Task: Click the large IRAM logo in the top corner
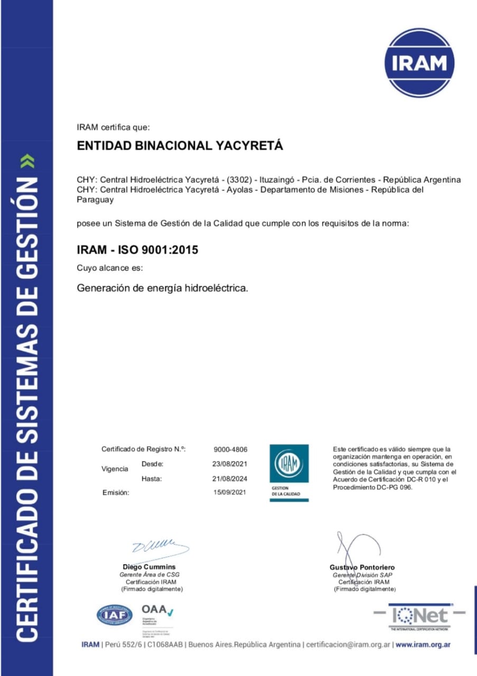click(x=418, y=63)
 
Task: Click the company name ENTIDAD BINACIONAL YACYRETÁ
click(x=180, y=146)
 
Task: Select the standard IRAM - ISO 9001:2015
click(x=138, y=250)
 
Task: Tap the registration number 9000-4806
click(x=230, y=449)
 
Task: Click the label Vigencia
click(x=115, y=468)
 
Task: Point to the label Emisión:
click(x=116, y=492)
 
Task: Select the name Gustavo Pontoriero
click(x=362, y=567)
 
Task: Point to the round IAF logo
click(x=115, y=615)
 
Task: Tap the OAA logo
click(x=157, y=612)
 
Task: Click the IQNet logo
click(x=420, y=616)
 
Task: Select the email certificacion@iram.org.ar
click(x=348, y=645)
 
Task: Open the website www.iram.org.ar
click(x=423, y=645)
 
